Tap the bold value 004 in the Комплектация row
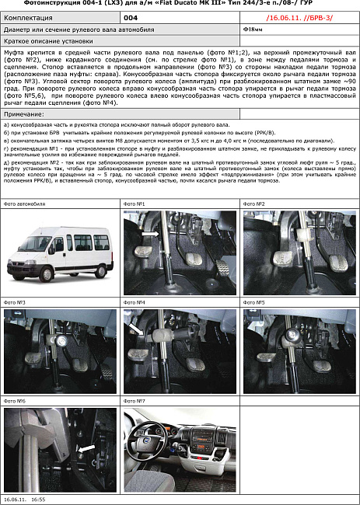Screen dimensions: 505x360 coord(131,16)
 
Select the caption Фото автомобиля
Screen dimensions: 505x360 coord(25,204)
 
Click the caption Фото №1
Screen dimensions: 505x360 coord(135,204)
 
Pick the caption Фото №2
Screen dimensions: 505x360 coord(255,204)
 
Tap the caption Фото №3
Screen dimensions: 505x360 coord(15,301)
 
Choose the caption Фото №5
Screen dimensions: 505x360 coord(255,301)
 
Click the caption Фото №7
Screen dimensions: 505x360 coord(135,401)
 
